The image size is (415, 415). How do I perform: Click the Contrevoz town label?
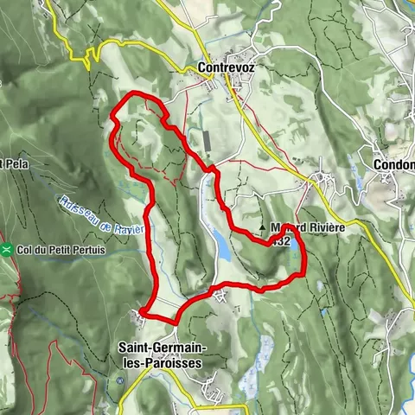229,67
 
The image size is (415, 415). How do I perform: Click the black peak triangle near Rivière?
263,229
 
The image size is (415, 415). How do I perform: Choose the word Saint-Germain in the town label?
158,348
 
